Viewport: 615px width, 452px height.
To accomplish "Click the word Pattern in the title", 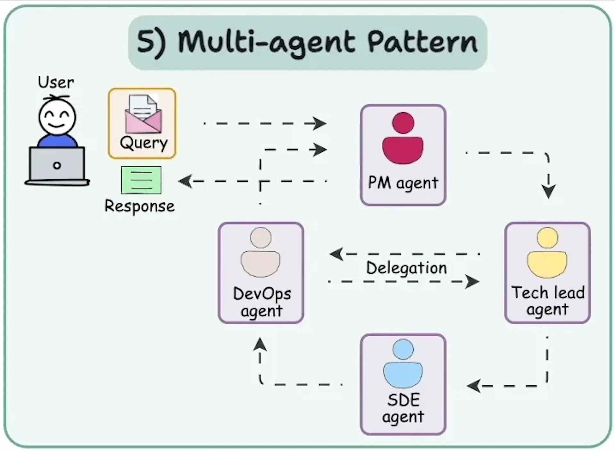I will point(422,42).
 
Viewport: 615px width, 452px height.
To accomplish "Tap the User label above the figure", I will point(56,82).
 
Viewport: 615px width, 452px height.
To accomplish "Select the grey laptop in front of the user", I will point(57,165).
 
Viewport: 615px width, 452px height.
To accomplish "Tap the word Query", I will point(143,143).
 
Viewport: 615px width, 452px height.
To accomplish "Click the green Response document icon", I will point(141,180).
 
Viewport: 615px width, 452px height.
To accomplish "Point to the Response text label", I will point(140,206).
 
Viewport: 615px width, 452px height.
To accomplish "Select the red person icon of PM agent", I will point(403,138).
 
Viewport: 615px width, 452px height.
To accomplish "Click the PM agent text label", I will point(403,183).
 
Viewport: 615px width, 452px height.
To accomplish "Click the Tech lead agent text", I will point(548,300).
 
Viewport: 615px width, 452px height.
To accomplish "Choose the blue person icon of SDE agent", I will point(403,364).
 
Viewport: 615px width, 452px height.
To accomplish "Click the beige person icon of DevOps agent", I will point(260,252).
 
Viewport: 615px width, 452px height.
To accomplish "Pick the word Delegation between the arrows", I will point(406,268).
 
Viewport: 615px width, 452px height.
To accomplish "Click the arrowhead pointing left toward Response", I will point(185,181).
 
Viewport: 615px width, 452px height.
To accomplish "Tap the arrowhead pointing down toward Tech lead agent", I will point(548,192).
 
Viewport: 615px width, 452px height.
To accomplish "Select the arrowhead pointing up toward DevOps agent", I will point(260,344).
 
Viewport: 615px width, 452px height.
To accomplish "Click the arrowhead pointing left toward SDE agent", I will point(474,386).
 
